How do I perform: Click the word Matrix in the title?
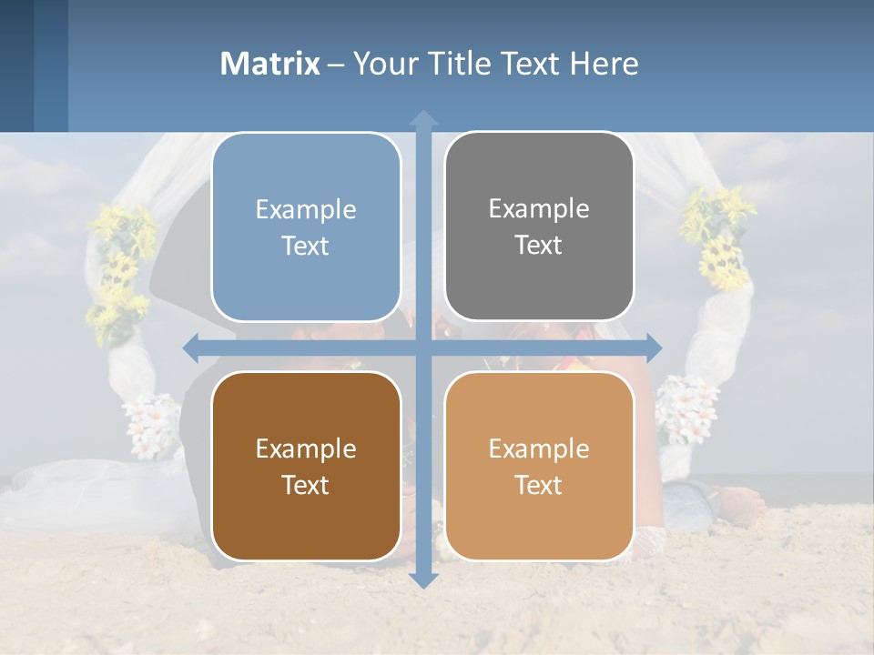coord(270,64)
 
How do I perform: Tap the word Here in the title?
coord(604,64)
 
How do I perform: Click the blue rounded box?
coord(306,227)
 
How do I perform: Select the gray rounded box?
coord(539,227)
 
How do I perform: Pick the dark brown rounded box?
coord(306,467)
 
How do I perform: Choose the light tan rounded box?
coord(539,467)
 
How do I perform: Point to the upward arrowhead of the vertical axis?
coord(423,118)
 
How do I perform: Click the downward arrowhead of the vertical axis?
coord(423,579)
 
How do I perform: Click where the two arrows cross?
coord(423,348)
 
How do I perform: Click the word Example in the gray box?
coord(539,208)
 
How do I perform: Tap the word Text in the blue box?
coord(306,247)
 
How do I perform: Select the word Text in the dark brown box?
coord(306,485)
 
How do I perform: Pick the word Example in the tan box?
coord(539,448)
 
